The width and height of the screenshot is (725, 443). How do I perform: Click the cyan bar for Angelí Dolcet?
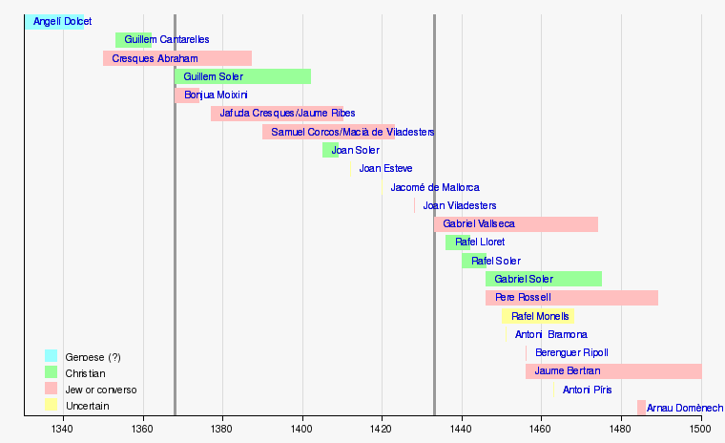click(x=53, y=21)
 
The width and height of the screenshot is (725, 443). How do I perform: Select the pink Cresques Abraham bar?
click(x=177, y=58)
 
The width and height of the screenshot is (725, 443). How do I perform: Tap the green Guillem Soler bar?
click(x=243, y=76)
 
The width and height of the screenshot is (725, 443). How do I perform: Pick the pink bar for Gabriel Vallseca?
click(x=516, y=223)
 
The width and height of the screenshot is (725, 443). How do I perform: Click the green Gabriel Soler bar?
click(x=544, y=279)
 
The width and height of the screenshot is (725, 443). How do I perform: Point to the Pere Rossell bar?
click(x=571, y=297)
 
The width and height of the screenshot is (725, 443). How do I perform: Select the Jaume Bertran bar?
click(x=613, y=370)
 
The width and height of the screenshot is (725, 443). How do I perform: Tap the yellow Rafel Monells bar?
click(x=537, y=316)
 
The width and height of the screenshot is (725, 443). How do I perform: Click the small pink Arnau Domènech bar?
click(x=641, y=408)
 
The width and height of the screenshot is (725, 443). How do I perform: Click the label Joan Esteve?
click(x=385, y=168)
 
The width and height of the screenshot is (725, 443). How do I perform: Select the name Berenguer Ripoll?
click(x=571, y=352)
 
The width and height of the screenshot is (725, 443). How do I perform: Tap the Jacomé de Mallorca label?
click(x=435, y=187)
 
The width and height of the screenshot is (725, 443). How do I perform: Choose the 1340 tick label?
click(x=64, y=430)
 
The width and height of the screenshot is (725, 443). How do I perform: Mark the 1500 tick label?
click(x=701, y=430)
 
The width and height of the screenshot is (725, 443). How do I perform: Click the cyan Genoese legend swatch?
click(x=51, y=356)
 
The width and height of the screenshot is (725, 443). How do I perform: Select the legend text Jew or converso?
click(x=101, y=390)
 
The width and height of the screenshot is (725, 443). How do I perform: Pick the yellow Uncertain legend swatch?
click(x=51, y=406)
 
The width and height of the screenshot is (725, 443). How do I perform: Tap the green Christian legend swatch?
click(x=51, y=372)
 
